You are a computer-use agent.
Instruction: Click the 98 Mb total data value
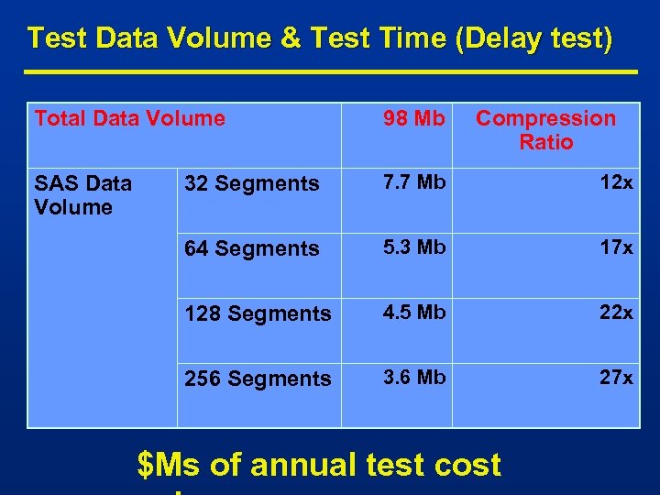pyautogui.click(x=413, y=119)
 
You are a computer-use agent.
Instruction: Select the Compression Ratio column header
pyautogui.click(x=545, y=130)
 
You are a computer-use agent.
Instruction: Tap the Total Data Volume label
pyautogui.click(x=129, y=118)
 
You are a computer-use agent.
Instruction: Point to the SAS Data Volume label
pyautogui.click(x=82, y=195)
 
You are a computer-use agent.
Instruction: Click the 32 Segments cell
pyautogui.click(x=252, y=183)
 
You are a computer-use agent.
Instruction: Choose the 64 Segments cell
pyautogui.click(x=252, y=248)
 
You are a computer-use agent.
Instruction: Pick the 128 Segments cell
pyautogui.click(x=258, y=313)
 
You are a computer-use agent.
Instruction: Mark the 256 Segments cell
pyautogui.click(x=258, y=379)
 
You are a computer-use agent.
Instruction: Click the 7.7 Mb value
pyautogui.click(x=413, y=182)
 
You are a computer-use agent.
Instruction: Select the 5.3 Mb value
pyautogui.click(x=413, y=247)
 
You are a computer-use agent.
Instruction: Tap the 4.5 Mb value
pyautogui.click(x=413, y=313)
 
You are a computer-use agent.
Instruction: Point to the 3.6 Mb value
pyautogui.click(x=413, y=378)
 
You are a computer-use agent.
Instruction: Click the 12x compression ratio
pyautogui.click(x=615, y=182)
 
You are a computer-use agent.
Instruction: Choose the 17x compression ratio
pyautogui.click(x=615, y=247)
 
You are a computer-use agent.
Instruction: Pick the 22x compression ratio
pyautogui.click(x=615, y=313)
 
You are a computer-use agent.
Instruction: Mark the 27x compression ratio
pyautogui.click(x=615, y=378)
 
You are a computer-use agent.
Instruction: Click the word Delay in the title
pyautogui.click(x=504, y=38)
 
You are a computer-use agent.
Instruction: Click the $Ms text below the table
pyautogui.click(x=169, y=466)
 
